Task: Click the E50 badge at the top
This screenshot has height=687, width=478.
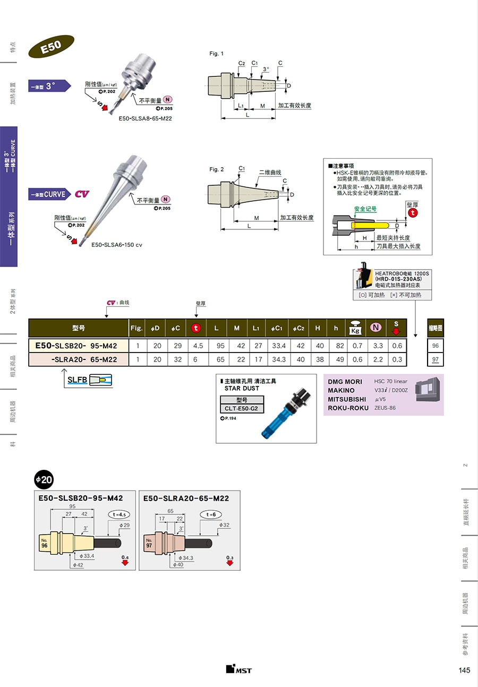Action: [x=51, y=46]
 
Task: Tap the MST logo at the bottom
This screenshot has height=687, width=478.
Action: [x=238, y=669]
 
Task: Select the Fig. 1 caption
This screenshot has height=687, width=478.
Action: [x=217, y=54]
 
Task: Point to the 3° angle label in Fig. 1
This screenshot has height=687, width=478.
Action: [x=266, y=69]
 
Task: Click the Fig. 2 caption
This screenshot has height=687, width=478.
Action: [x=217, y=169]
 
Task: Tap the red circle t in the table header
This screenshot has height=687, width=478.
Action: [x=195, y=328]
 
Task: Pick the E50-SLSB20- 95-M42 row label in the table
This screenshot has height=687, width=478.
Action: [x=79, y=346]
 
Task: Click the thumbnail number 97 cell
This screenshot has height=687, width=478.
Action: [x=436, y=359]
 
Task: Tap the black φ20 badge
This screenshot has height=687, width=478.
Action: [x=44, y=479]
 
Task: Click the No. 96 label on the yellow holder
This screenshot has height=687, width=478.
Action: [x=45, y=543]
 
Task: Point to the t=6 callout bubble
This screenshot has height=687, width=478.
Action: [x=210, y=514]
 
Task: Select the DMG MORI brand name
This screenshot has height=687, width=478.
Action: [x=345, y=382]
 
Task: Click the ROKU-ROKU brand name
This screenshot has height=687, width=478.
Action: [x=348, y=408]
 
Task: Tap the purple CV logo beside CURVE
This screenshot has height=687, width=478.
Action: [x=82, y=194]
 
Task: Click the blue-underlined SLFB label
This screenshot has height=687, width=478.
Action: [x=77, y=380]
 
